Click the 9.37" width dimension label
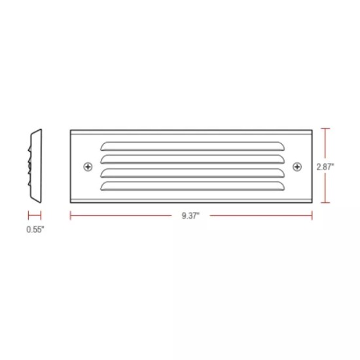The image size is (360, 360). (x=192, y=215)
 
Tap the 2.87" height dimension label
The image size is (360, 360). (x=325, y=166)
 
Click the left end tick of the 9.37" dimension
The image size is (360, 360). (x=70, y=215)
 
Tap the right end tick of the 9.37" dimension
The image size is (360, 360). (x=313, y=215)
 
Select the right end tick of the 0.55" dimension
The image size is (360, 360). (x=42, y=215)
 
